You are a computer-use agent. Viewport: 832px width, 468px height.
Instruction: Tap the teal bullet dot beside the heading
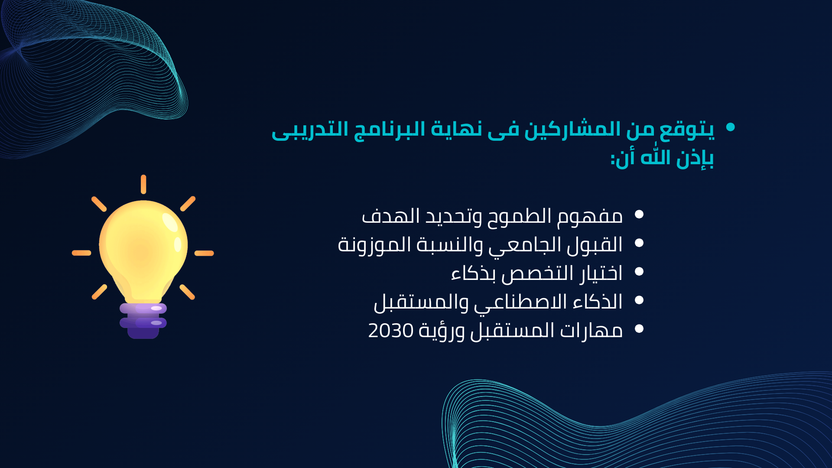point(731,127)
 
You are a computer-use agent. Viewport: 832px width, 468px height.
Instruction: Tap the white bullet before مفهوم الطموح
point(639,214)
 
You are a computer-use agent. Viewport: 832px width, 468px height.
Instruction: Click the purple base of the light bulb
point(143,321)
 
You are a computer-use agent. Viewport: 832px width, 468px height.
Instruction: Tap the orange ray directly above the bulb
point(143,184)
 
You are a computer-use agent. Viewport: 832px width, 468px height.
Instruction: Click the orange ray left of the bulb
point(81,253)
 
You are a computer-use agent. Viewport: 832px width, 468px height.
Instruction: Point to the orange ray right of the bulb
point(204,253)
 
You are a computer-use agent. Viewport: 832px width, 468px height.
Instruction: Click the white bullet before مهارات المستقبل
point(639,329)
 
